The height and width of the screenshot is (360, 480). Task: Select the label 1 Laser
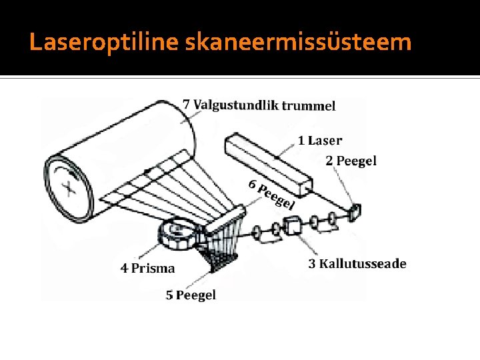click(x=320, y=141)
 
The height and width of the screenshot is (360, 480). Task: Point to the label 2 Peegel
click(x=351, y=161)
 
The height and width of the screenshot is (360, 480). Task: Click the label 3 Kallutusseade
click(x=357, y=264)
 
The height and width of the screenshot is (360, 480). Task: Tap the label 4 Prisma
click(x=148, y=269)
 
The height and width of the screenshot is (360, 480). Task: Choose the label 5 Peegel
click(x=191, y=295)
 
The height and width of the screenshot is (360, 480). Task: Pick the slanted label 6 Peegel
click(x=271, y=194)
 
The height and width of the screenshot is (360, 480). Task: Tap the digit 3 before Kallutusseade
click(x=312, y=264)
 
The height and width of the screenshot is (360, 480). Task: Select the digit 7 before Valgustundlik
click(x=187, y=104)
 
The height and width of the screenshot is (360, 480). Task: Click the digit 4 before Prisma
click(x=125, y=269)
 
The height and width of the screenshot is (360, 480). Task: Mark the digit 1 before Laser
click(x=301, y=141)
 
